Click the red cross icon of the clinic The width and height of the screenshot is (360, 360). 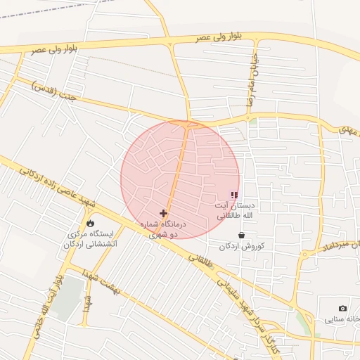(x=164, y=213)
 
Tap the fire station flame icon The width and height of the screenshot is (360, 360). (x=90, y=223)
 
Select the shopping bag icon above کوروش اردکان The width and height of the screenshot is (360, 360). (x=242, y=235)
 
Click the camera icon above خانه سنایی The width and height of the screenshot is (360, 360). (x=342, y=308)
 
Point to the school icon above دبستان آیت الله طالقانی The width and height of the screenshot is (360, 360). (x=234, y=195)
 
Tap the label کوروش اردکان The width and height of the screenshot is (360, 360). (x=241, y=246)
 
